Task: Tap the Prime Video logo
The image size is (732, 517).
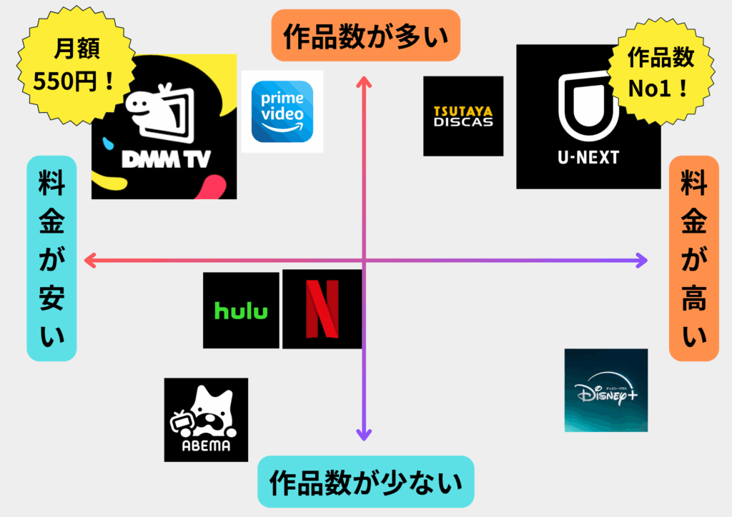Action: (282, 111)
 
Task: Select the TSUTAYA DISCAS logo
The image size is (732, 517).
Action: (463, 116)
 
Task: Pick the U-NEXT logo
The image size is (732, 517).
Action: (588, 117)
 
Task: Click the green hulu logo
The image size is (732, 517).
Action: (241, 311)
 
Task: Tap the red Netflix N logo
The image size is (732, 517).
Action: (322, 309)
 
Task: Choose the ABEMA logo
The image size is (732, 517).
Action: (206, 420)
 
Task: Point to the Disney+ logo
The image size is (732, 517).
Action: (605, 391)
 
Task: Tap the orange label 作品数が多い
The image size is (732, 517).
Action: (365, 35)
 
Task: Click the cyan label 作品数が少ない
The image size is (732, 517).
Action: (365, 481)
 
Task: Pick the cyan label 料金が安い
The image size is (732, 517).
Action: (51, 258)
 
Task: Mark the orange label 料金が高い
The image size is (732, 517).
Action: (693, 258)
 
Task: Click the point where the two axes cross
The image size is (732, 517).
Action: (365, 261)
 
